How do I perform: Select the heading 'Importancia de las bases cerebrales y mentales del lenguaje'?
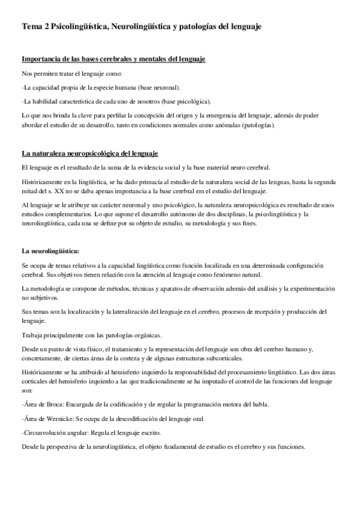[114, 59]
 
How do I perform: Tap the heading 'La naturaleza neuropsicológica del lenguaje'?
[90, 154]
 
